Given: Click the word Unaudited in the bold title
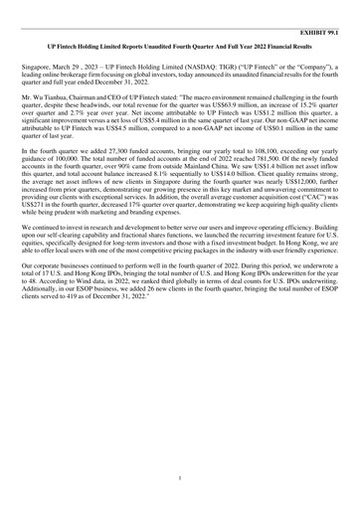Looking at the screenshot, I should pyautogui.click(x=165, y=46).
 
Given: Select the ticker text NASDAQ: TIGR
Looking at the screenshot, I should pyautogui.click(x=220, y=65).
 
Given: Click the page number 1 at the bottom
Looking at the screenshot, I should pyautogui.click(x=179, y=477).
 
